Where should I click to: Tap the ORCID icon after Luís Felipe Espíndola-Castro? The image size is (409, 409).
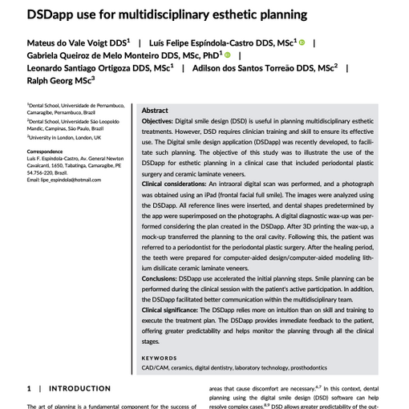(x=302, y=42)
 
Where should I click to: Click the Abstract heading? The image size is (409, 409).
(x=155, y=111)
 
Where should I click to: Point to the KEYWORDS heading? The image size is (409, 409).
(x=160, y=358)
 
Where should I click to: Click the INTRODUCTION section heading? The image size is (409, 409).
(x=79, y=388)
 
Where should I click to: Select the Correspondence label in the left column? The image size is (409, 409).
(x=46, y=152)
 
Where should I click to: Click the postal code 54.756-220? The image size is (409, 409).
(x=39, y=172)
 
